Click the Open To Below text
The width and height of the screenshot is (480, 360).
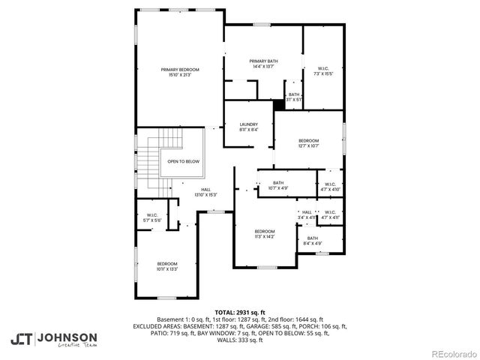click(x=183, y=161)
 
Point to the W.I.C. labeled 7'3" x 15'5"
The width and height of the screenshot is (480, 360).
click(x=323, y=71)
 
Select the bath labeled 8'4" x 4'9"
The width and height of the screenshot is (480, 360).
click(x=312, y=240)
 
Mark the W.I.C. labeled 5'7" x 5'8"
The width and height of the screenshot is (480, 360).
click(x=151, y=218)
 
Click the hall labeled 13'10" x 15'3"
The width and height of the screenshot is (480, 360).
click(x=205, y=192)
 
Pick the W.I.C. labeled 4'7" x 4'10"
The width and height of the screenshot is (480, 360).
click(x=330, y=187)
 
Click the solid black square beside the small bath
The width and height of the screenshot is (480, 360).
click(x=279, y=105)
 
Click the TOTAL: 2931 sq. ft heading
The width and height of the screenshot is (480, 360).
click(x=239, y=312)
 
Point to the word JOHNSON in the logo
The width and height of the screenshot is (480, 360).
click(x=67, y=337)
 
